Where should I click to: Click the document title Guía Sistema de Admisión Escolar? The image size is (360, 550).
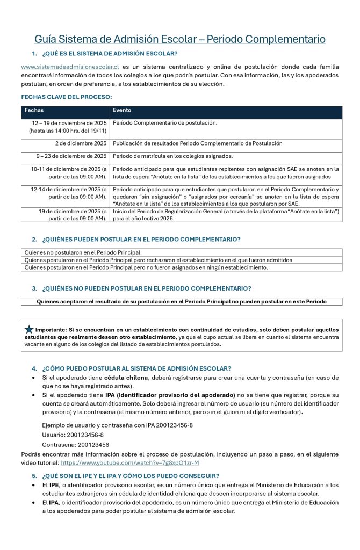tap(180, 39)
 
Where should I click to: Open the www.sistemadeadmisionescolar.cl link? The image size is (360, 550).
tap(70, 67)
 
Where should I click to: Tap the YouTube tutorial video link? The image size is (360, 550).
tap(130, 462)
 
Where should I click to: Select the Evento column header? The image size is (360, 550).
tap(122, 110)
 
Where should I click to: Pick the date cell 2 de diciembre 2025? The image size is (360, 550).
tap(81, 143)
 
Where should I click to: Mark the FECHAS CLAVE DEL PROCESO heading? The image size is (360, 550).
tap(67, 97)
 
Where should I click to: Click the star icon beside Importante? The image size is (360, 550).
tap(29, 329)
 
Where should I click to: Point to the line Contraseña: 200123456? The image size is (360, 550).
tap(76, 444)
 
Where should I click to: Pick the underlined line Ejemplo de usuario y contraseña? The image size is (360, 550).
tap(117, 425)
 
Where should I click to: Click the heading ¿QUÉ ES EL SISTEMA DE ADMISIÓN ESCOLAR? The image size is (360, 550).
tap(110, 53)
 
